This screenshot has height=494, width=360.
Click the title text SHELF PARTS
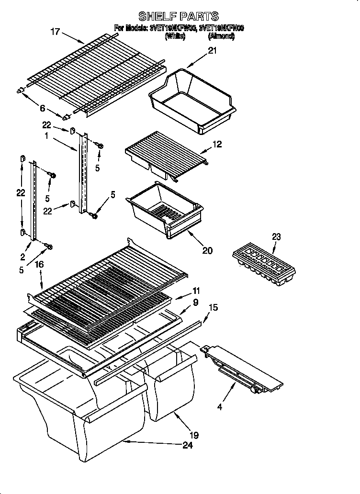click(x=179, y=17)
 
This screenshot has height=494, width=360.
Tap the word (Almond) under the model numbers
click(x=221, y=36)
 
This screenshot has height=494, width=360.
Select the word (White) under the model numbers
click(x=175, y=36)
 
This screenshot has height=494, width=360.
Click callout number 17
click(x=56, y=32)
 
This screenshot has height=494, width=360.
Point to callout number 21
click(x=212, y=51)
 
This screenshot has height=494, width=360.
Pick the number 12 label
click(x=217, y=144)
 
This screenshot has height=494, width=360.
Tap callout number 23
click(x=276, y=236)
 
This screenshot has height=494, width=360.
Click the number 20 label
click(x=207, y=250)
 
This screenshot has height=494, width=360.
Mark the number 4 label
click(x=219, y=408)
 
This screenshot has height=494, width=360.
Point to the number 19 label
click(x=194, y=435)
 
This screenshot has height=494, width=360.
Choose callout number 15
click(x=213, y=307)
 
